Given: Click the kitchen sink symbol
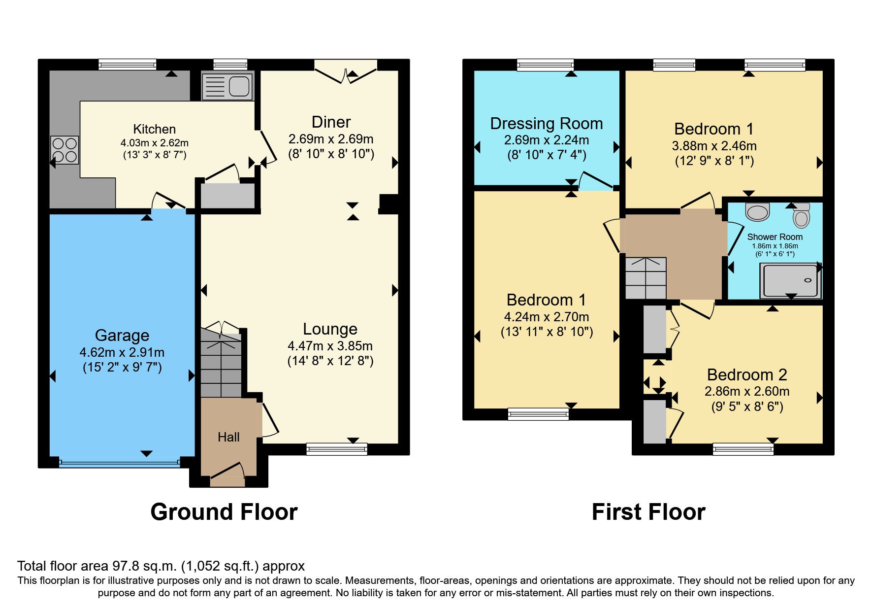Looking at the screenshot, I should point(227,86).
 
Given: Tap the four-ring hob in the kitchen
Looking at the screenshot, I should point(65,150).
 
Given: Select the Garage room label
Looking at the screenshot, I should point(122,336).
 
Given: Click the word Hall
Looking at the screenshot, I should point(228,437).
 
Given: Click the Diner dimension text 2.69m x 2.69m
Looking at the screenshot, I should point(331,139).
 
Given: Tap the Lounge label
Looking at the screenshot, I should point(330,329).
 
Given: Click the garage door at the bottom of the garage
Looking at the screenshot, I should point(119,462).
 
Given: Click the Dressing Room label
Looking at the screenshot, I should point(547,124).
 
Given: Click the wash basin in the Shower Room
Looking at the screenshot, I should point(757,211).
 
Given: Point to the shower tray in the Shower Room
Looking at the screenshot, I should point(790,280).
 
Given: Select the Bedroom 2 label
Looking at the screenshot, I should point(746,375).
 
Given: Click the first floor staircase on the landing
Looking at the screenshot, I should point(646,278).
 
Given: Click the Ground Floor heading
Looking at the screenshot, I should point(224,512).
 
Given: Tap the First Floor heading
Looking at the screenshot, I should point(648,512).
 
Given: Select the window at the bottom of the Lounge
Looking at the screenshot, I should point(337,448).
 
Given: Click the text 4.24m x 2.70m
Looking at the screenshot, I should point(547,317).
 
